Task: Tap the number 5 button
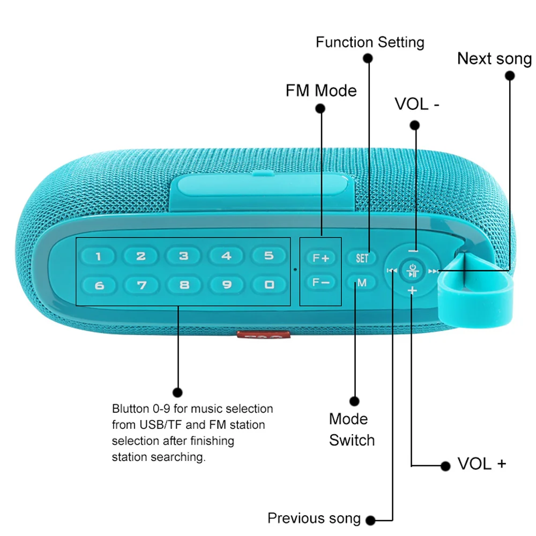click(269, 256)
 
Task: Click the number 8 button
click(184, 285)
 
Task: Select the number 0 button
click(269, 285)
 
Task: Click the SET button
click(362, 258)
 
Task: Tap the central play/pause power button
click(412, 271)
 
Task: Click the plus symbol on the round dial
click(412, 291)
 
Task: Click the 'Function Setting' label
click(370, 42)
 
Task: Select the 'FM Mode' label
click(321, 90)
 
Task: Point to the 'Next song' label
click(494, 58)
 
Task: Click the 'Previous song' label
click(314, 518)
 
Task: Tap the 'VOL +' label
click(481, 464)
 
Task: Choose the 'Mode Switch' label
click(352, 429)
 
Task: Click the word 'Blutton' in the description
click(131, 409)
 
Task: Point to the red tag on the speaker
click(264, 335)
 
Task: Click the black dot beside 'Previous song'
click(370, 519)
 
